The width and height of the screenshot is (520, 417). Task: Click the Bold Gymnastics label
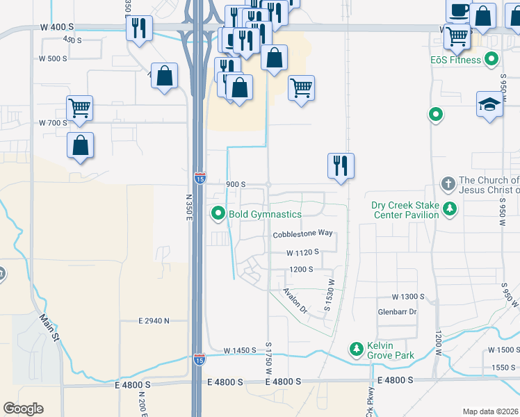(x=265, y=214)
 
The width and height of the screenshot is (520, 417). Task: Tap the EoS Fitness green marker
(x=492, y=60)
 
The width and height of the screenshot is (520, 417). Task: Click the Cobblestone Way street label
(x=302, y=235)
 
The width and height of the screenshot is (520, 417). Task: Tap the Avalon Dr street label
(x=295, y=301)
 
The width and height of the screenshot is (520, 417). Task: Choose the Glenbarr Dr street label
(x=397, y=312)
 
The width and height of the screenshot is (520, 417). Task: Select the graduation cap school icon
(x=490, y=105)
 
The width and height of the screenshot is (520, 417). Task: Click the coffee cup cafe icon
(x=458, y=11)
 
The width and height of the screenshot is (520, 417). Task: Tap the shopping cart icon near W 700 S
(x=80, y=108)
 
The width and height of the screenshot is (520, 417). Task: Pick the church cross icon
(x=449, y=185)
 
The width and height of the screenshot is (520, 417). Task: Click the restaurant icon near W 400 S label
(x=139, y=28)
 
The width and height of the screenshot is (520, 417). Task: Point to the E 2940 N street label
(x=154, y=321)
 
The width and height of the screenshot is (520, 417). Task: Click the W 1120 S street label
(x=302, y=252)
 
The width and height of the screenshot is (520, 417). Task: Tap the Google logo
(x=23, y=409)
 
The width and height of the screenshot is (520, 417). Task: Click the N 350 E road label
(x=188, y=206)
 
